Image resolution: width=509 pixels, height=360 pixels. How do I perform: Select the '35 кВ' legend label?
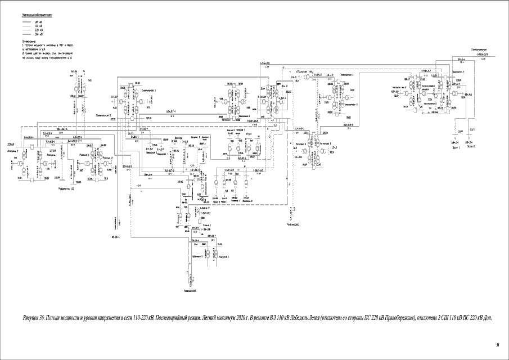(x=39, y=21)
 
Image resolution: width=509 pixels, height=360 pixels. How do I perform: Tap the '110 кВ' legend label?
(x=39, y=26)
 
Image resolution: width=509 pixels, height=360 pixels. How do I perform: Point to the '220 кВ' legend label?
(x=39, y=30)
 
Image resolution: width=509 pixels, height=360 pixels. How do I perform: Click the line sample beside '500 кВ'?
(x=26, y=35)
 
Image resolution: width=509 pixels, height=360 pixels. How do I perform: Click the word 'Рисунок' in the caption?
(x=32, y=318)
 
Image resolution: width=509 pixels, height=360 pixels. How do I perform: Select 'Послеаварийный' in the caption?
(x=168, y=318)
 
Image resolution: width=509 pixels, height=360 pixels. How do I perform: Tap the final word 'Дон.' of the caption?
(x=487, y=318)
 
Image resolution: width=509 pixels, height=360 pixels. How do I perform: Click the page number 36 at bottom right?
(x=497, y=344)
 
